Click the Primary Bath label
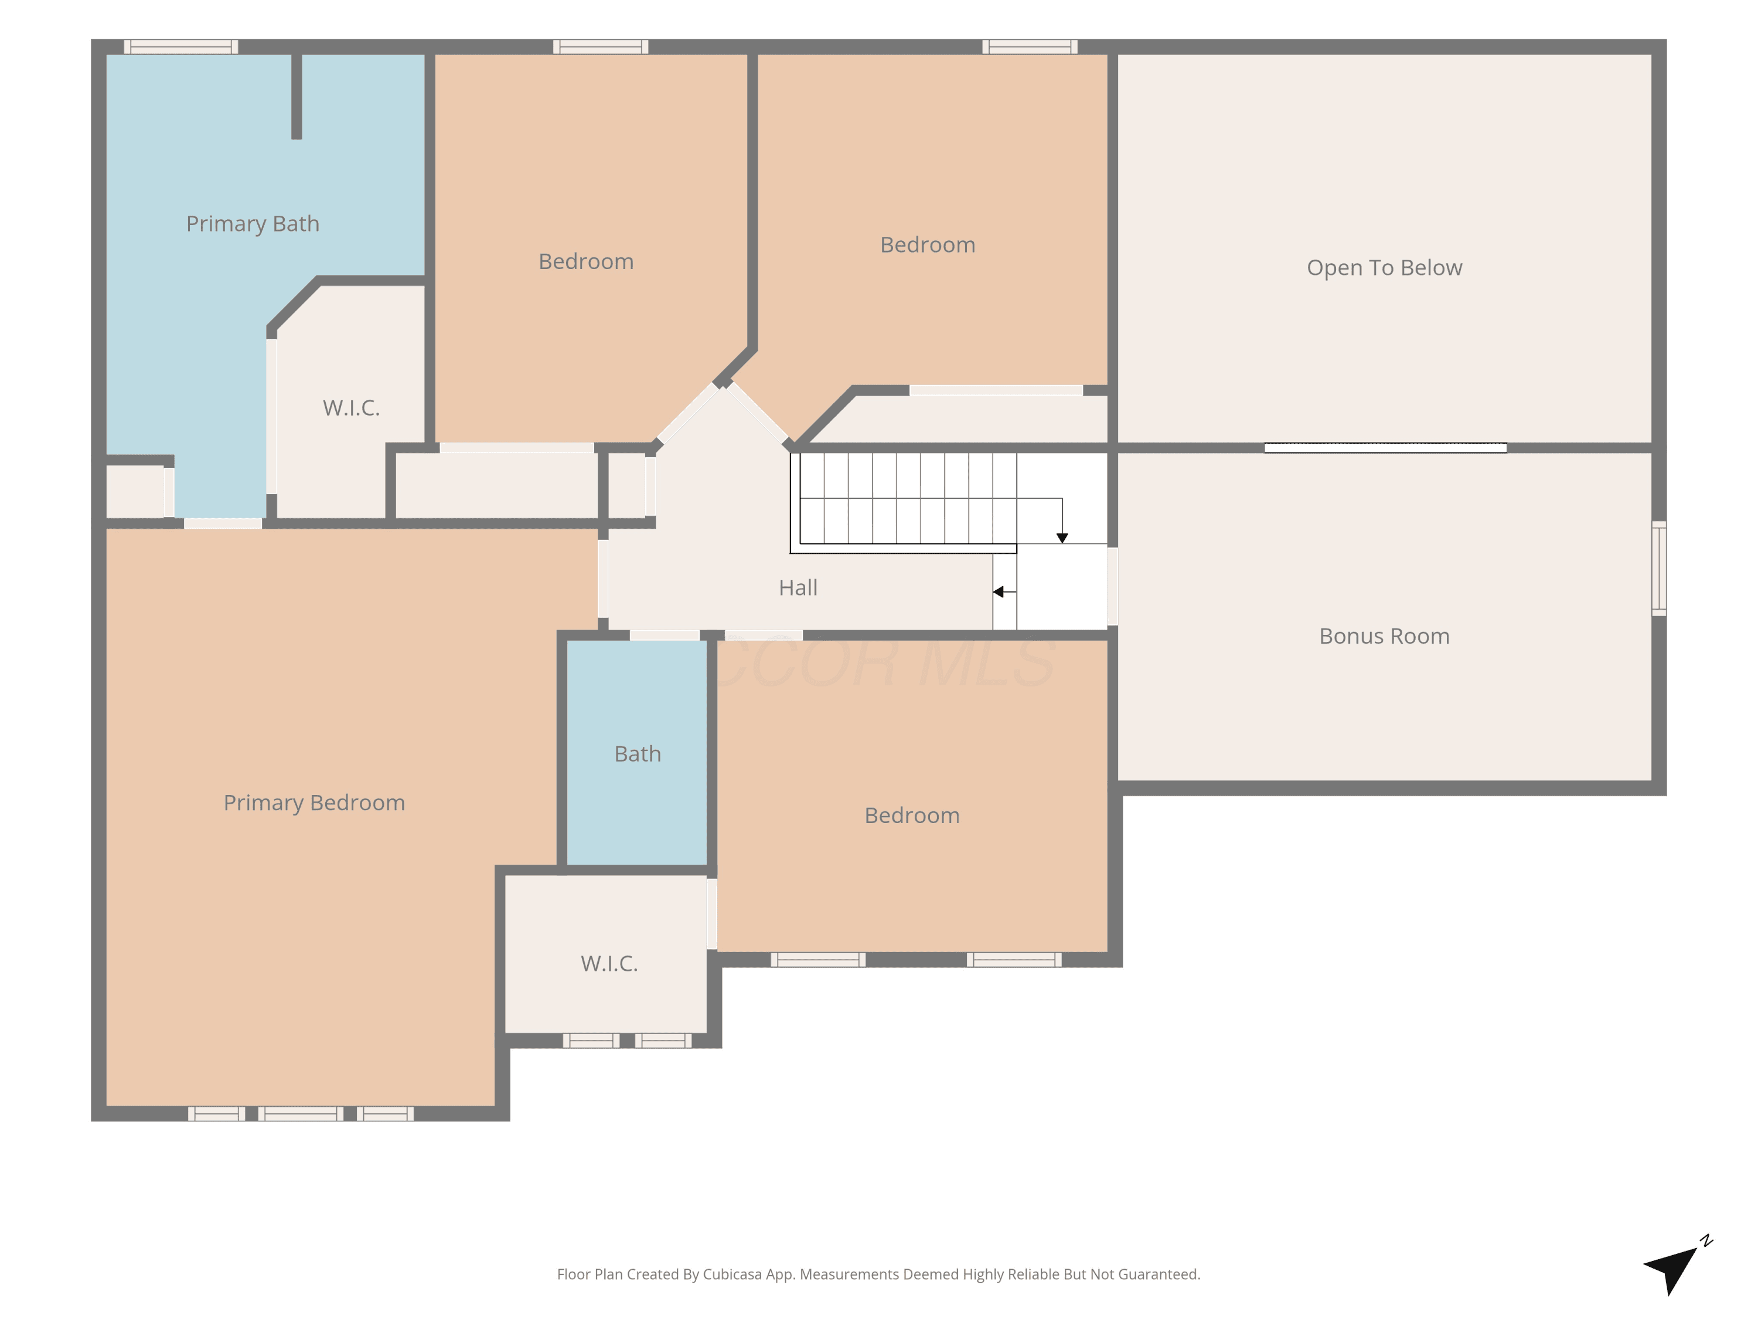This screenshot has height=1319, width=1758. click(x=253, y=224)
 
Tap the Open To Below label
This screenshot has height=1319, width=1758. click(x=1385, y=268)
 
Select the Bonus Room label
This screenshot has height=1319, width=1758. click(x=1385, y=636)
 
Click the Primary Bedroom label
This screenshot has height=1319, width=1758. click(x=314, y=803)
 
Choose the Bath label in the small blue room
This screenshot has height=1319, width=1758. click(x=638, y=754)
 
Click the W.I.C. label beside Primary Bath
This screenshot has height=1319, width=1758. click(x=351, y=408)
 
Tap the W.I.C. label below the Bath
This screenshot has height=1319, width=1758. click(x=609, y=964)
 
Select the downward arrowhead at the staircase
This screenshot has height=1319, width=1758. click(x=1062, y=538)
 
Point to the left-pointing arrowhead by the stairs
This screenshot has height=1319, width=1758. click(x=998, y=591)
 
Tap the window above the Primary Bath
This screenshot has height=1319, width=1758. click(x=181, y=47)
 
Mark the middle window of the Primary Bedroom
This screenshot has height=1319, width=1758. click(x=301, y=1113)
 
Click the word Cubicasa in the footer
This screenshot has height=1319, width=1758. click(x=732, y=1274)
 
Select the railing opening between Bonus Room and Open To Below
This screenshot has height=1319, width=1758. click(x=1385, y=448)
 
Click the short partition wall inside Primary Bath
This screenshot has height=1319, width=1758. click(x=297, y=96)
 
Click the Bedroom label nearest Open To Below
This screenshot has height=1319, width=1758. click(x=928, y=245)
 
